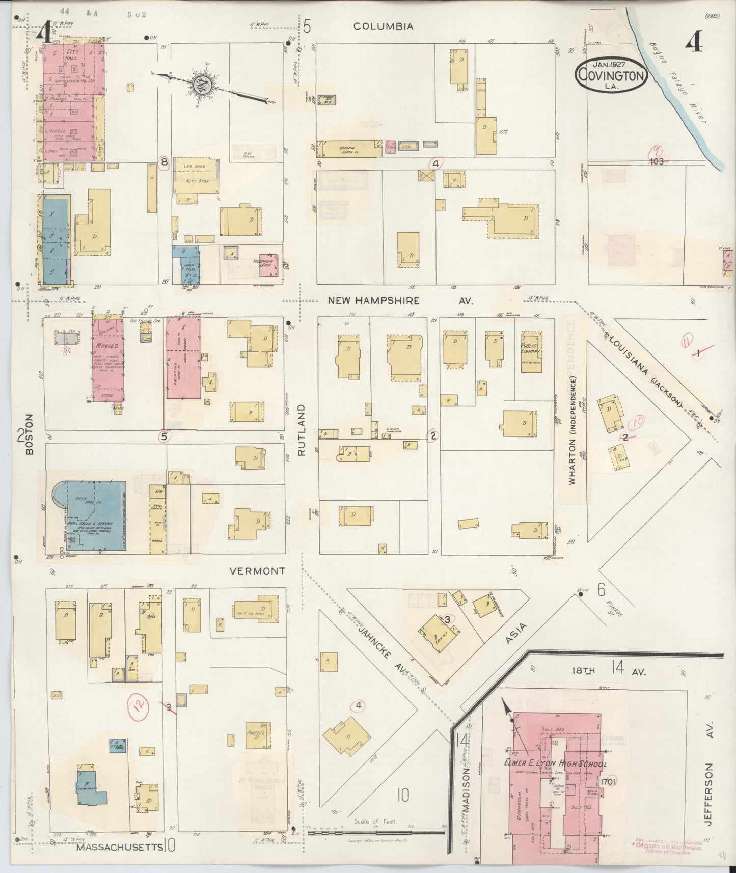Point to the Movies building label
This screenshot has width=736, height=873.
[x=106, y=345]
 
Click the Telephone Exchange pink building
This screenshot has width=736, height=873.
[x=268, y=265]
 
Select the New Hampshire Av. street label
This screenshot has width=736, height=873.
[x=400, y=301]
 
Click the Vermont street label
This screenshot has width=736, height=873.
[x=257, y=571]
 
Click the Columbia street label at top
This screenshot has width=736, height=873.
[x=383, y=26]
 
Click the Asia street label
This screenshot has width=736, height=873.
[x=516, y=634]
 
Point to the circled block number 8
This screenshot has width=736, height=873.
[x=164, y=163]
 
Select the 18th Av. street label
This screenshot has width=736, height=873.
[x=606, y=671]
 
